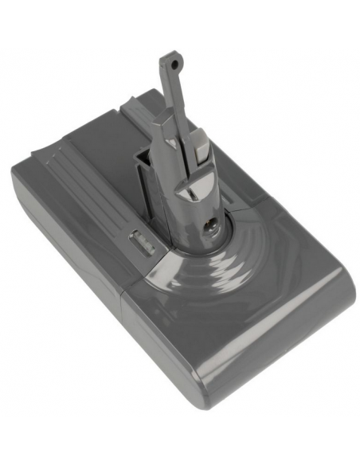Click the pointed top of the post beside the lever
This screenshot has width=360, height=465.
tap(191, 111)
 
